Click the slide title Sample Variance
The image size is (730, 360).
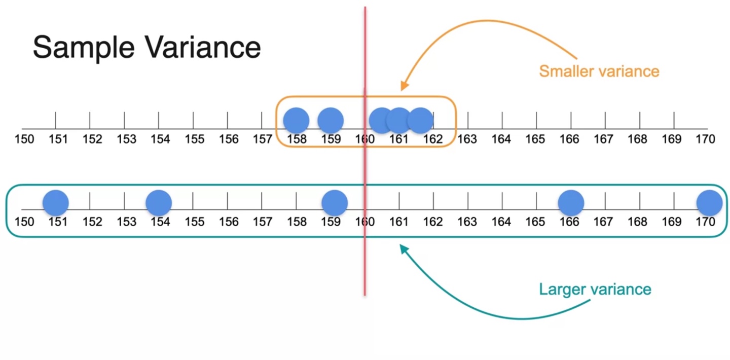(147, 47)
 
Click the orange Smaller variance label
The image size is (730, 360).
(599, 71)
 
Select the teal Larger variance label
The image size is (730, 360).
(595, 290)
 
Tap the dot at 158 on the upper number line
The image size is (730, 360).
(296, 121)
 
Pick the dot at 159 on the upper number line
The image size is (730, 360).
(331, 121)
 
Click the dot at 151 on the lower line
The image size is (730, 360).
(56, 203)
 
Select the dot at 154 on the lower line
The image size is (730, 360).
(159, 203)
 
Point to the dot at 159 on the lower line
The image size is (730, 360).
(335, 203)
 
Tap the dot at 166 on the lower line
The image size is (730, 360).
(571, 203)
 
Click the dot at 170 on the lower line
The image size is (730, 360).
(709, 203)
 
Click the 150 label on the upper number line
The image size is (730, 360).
(24, 139)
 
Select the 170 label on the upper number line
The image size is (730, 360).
(705, 139)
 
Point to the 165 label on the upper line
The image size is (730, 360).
(535, 139)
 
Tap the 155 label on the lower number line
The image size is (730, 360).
(194, 222)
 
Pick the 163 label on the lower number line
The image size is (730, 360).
(467, 222)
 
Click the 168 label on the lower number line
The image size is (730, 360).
(637, 222)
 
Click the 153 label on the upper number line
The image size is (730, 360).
(126, 139)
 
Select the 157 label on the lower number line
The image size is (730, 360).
(262, 222)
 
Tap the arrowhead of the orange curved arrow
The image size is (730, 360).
(404, 86)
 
